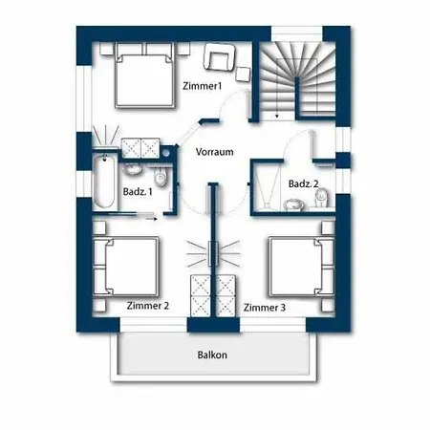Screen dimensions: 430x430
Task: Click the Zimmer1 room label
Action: coord(202,86)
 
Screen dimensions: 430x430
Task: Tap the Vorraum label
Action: coord(214,152)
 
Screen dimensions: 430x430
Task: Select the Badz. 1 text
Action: coord(138,192)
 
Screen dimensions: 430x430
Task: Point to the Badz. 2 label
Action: coord(303,183)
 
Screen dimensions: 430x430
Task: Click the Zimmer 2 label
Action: coord(148,306)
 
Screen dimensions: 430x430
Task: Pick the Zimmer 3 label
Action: coord(265,308)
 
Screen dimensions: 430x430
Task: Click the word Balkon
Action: coord(212,355)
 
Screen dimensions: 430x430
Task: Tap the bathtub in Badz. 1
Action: coord(104,182)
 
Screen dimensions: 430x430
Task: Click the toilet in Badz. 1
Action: coord(161,178)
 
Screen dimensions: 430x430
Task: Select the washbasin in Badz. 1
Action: coord(133,169)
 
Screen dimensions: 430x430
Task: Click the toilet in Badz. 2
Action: coord(322,198)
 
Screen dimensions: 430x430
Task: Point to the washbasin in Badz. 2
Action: coord(294,204)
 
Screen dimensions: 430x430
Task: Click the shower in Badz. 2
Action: coord(267,186)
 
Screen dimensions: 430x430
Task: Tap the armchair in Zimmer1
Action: coord(220,57)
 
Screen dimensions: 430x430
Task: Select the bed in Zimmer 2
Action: coord(125,267)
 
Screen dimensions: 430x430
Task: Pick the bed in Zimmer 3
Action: coord(301,267)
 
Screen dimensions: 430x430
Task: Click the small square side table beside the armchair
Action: coord(243,75)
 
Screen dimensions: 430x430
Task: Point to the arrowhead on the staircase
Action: coord(277,116)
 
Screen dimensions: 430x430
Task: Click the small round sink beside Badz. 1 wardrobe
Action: coord(166,153)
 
